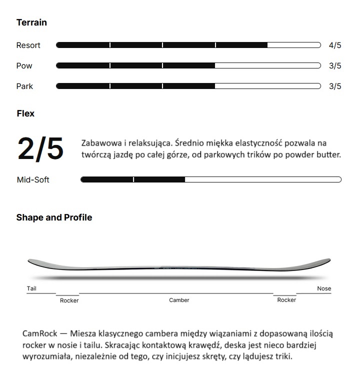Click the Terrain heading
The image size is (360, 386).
[x=31, y=22]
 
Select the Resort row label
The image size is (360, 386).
[x=28, y=45]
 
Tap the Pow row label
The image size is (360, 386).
[x=24, y=66]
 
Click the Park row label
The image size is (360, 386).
[x=24, y=86]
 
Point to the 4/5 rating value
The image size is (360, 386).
[x=335, y=45]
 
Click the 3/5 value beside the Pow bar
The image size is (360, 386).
[x=335, y=66]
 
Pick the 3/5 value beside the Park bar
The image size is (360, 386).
[x=335, y=86]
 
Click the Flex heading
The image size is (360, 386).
[x=25, y=113]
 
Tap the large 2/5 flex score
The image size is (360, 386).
[x=40, y=148]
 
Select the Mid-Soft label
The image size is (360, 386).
[x=33, y=180]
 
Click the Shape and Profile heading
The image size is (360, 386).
[x=54, y=217]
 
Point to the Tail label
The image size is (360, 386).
[x=31, y=288]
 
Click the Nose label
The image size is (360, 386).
[x=324, y=288]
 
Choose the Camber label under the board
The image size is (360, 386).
[x=179, y=300]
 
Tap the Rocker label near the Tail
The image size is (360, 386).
[x=69, y=300]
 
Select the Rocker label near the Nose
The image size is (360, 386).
[x=286, y=300]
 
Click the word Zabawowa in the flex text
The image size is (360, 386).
[x=99, y=143]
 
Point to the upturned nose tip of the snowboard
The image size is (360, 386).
[x=326, y=260]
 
